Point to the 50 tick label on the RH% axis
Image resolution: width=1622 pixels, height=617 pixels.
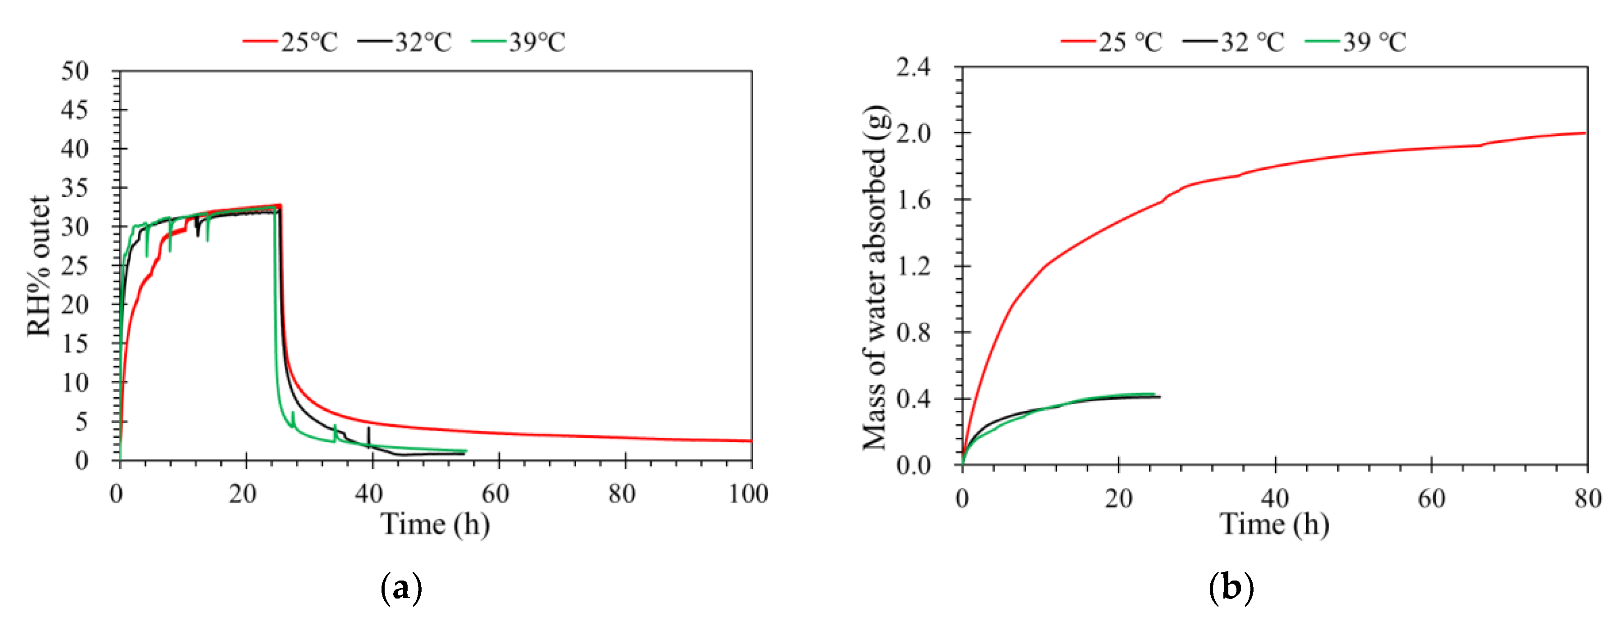(75, 71)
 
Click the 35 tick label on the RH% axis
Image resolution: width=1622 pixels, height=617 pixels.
(75, 188)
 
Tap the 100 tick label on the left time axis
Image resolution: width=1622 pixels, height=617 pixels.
(749, 494)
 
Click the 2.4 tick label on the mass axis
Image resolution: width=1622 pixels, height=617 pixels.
(913, 67)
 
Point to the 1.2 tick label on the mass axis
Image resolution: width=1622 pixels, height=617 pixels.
(913, 266)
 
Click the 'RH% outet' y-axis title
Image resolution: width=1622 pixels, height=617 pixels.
(39, 266)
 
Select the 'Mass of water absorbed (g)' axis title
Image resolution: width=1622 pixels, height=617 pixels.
(875, 277)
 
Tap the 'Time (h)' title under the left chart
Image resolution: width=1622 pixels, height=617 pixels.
(435, 524)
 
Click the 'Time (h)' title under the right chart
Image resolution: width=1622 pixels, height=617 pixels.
(1274, 524)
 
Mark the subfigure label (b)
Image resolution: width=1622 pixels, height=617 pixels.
(1231, 589)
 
